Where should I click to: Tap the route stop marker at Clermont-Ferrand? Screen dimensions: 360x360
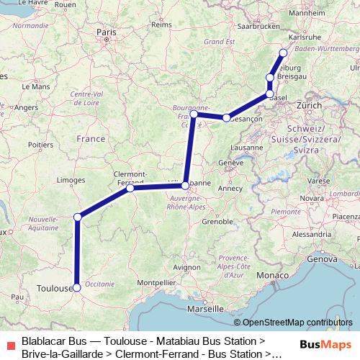[x=130, y=189]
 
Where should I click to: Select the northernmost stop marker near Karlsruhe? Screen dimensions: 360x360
[x=283, y=53]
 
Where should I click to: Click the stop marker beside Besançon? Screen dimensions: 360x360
[x=227, y=117]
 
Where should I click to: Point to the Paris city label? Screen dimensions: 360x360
[x=107, y=32]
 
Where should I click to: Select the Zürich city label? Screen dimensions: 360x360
[x=309, y=105]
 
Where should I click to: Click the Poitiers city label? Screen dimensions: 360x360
[x=40, y=145]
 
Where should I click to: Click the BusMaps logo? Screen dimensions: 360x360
[x=326, y=345]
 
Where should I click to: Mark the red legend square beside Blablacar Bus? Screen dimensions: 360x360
[x=9, y=346]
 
